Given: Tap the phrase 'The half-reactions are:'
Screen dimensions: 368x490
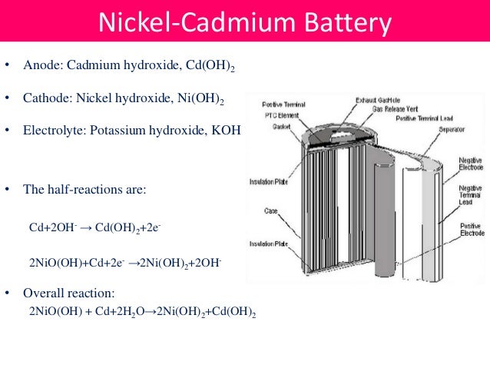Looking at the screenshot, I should (84, 189).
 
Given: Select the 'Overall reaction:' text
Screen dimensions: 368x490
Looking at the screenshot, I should (69, 293).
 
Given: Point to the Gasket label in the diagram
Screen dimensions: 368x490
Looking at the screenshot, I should (271, 128).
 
